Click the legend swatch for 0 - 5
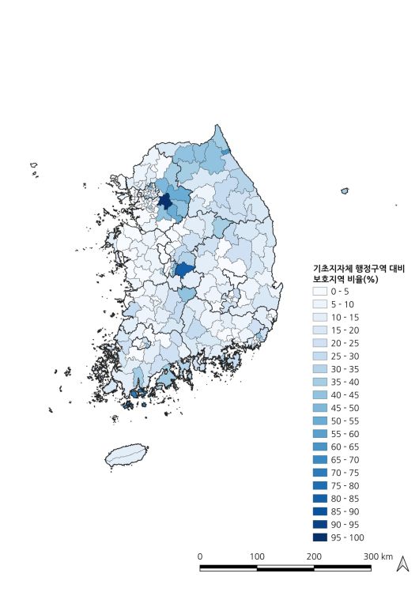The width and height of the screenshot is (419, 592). [320, 292]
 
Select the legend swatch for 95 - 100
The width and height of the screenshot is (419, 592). [320, 537]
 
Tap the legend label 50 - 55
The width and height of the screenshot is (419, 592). [345, 421]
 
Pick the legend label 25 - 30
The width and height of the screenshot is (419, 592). [345, 356]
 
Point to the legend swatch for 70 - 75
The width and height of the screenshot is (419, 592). [320, 473]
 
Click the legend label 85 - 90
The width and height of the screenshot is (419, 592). [345, 511]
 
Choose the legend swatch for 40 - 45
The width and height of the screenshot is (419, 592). [320, 395]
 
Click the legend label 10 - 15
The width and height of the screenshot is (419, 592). [345, 318]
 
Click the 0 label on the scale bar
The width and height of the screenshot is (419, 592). [200, 556]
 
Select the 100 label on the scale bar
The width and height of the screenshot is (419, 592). [257, 556]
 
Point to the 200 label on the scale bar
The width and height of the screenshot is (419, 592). [314, 556]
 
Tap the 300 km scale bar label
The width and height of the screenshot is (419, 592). [378, 556]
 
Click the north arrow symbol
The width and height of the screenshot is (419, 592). [402, 564]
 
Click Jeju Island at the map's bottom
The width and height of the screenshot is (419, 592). [126, 456]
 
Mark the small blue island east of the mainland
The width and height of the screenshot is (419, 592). [345, 190]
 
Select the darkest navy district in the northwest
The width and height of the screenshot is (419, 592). [165, 201]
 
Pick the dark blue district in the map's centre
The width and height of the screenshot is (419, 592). [183, 270]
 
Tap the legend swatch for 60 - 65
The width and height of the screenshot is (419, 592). [320, 447]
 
